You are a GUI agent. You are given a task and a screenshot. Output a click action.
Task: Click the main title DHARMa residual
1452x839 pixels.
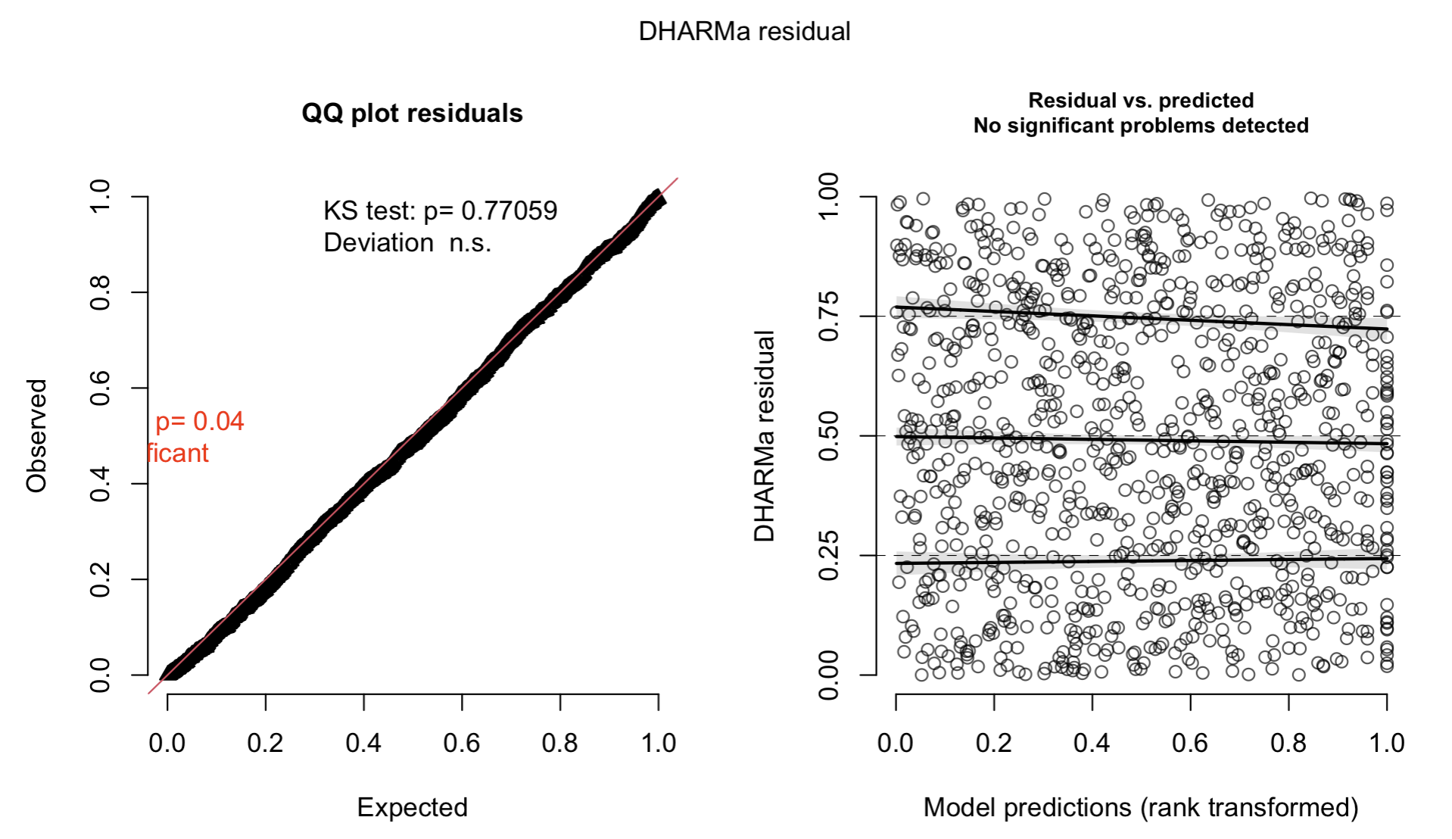744,32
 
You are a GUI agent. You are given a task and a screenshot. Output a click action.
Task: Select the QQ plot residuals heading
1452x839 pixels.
412,114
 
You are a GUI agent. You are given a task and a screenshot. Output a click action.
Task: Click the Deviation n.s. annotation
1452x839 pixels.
407,243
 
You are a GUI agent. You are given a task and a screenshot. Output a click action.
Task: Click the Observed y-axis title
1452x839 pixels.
36,436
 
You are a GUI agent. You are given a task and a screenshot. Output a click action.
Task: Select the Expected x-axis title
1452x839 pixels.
412,807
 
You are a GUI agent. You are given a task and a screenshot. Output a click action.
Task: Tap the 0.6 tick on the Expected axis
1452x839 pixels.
462,743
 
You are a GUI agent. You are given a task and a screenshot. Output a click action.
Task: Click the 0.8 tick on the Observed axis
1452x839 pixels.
101,293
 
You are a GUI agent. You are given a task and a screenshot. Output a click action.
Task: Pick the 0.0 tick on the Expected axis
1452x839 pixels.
167,743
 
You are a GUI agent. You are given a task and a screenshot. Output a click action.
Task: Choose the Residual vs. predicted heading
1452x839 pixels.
1141,101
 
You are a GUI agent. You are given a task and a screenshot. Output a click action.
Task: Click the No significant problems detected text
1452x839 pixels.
1141,126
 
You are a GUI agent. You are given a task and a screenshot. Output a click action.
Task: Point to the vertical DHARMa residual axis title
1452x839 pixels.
765,436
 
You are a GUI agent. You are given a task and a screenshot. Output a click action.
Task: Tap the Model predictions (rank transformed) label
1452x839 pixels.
1141,807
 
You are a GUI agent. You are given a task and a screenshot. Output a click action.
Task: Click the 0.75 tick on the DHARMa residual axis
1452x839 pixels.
829,317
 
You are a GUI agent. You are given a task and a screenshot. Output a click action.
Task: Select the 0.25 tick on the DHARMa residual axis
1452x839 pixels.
829,556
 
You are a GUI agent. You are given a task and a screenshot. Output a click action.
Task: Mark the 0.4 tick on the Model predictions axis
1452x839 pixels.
1092,743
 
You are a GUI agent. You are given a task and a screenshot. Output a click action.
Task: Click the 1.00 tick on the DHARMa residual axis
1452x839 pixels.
829,197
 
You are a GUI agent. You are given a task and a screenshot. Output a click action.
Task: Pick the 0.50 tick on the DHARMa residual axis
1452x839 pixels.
829,436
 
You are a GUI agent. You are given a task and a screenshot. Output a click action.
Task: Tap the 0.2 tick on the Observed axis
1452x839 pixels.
101,579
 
